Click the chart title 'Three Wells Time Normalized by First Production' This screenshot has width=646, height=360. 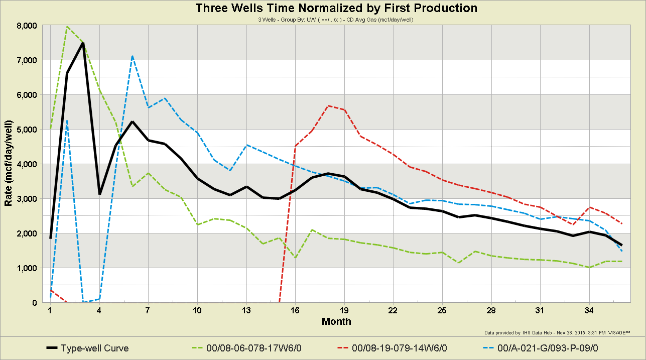tap(336, 8)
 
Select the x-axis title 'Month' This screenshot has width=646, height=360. tap(336, 321)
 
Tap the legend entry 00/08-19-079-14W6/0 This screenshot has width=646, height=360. tap(399, 348)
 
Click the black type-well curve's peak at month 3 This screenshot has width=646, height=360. tap(83, 43)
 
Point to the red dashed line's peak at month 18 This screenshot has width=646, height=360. tap(328, 106)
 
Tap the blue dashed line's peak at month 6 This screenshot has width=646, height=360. tap(132, 56)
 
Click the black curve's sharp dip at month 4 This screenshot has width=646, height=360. tap(99, 194)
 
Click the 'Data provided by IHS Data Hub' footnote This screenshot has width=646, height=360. tap(557, 332)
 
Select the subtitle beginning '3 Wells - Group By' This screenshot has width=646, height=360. tap(336, 20)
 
